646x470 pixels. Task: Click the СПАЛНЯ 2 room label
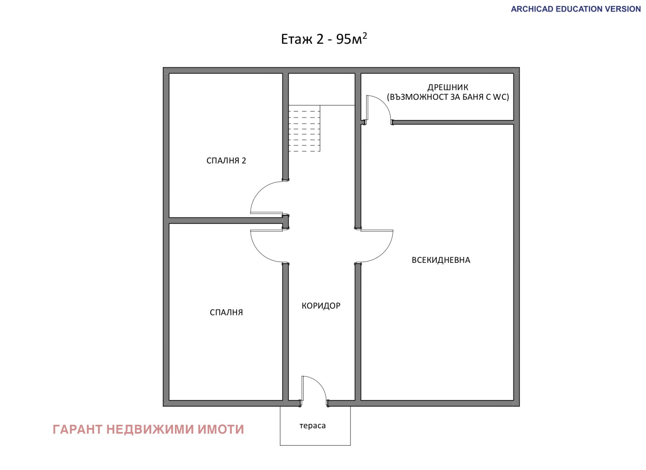click(226, 160)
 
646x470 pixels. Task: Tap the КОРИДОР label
click(321, 306)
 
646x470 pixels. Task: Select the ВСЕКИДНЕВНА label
click(440, 260)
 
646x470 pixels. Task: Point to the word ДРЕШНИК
click(448, 87)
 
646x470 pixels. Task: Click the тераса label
click(313, 426)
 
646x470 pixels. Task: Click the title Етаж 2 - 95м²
click(324, 39)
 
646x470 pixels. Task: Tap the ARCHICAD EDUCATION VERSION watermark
click(576, 9)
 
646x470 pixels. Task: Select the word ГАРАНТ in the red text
click(78, 429)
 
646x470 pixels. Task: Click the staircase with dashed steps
click(304, 128)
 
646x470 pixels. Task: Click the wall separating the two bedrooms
click(226, 220)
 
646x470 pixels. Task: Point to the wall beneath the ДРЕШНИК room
click(453, 122)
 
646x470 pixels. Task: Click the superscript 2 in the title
click(365, 36)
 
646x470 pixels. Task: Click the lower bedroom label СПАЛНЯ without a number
click(226, 312)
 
